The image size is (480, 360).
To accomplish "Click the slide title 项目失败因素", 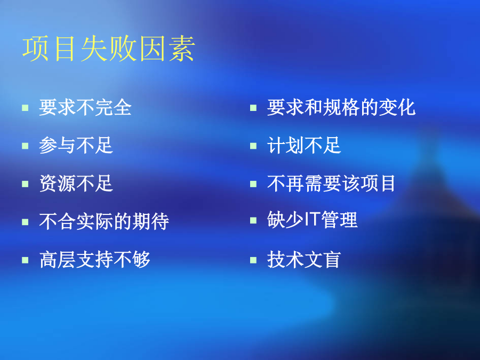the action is [109, 49].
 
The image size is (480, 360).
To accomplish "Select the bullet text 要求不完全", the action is [85, 107].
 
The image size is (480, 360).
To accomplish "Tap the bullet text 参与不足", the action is [76, 145].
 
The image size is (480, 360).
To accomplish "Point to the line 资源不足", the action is [76, 183].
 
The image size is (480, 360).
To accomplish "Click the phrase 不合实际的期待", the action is [104, 221].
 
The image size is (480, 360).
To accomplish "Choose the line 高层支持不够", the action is [95, 260].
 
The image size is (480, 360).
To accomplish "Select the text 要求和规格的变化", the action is [341, 107].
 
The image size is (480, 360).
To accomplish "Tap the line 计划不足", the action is [304, 145].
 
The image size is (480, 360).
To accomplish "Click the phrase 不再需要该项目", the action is [331, 183].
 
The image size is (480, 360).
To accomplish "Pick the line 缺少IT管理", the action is [312, 220].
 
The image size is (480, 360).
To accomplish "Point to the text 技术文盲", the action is [304, 260].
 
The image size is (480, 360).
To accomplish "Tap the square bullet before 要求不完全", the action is [25, 108].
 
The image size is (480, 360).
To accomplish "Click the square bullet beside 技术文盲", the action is [253, 260].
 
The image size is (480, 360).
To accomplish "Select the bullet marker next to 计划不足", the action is [253, 146].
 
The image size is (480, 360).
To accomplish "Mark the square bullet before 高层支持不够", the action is [25, 260].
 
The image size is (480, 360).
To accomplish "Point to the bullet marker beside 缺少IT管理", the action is [253, 220].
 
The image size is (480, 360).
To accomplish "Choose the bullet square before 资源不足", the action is [25, 184].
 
